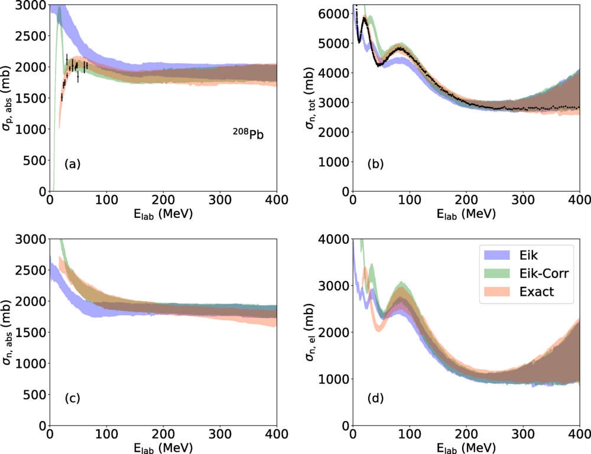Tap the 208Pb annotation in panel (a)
click(x=248, y=133)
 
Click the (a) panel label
click(x=73, y=165)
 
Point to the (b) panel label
click(x=375, y=165)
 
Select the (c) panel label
click(x=73, y=399)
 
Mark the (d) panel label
click(x=375, y=399)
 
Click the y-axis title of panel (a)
click(x=11, y=98)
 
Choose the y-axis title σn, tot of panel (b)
click(x=313, y=98)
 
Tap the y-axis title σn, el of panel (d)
click(x=313, y=332)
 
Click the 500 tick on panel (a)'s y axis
click(x=36, y=161)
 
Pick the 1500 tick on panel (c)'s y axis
click(x=33, y=332)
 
